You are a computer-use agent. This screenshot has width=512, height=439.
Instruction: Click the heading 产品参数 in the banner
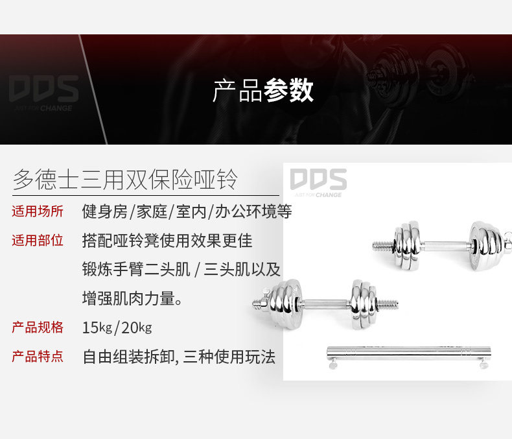click(263, 90)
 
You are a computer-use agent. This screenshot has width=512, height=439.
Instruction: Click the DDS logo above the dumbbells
click(318, 182)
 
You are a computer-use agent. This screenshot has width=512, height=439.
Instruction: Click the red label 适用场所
click(38, 211)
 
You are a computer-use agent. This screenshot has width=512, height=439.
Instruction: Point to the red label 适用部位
click(38, 241)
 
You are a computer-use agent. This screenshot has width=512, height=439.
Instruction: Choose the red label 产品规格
click(38, 327)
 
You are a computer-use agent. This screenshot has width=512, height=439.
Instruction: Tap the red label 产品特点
click(38, 356)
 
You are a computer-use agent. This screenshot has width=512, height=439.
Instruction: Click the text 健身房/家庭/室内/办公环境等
click(187, 212)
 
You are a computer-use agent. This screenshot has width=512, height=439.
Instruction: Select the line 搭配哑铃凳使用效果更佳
click(167, 241)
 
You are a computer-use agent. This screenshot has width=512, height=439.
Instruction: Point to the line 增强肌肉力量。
click(132, 298)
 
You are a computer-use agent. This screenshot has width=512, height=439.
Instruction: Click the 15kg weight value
click(97, 327)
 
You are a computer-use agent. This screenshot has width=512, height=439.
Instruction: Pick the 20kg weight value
click(136, 327)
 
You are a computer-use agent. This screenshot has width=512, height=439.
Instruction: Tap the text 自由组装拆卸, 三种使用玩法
click(179, 357)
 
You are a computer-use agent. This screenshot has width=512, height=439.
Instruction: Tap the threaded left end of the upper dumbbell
click(384, 246)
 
